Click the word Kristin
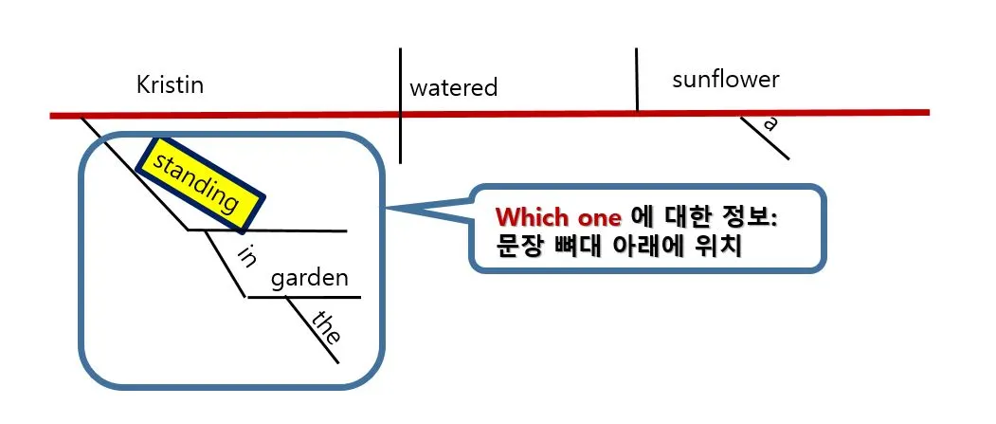[171, 85]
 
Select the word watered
[453, 88]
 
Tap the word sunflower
[725, 79]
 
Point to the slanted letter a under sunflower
[770, 122]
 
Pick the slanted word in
[246, 256]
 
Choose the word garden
[310, 279]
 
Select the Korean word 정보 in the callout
[745, 216]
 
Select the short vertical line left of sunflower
[636, 81]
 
